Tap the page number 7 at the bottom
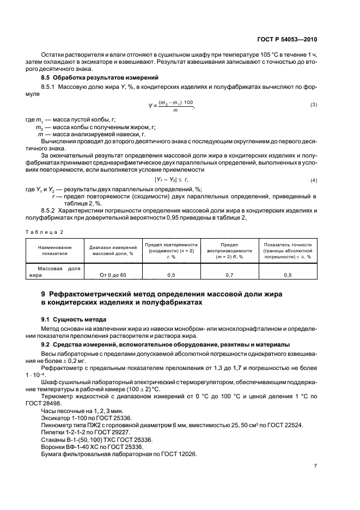click(315, 466)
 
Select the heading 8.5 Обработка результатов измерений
click(86, 78)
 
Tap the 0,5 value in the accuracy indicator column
click(288, 275)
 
